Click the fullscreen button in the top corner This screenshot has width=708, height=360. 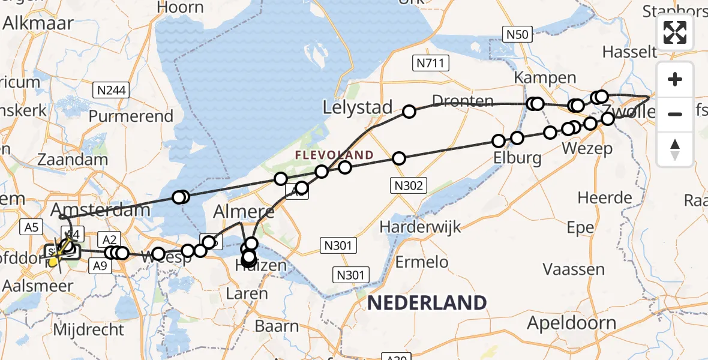[675, 32]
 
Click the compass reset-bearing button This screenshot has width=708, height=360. [675, 149]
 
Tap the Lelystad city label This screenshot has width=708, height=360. [358, 108]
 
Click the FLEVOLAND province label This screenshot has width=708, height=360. [334, 155]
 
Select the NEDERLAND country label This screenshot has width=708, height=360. [427, 303]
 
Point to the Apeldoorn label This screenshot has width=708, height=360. [571, 323]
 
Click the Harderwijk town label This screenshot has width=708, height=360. [420, 227]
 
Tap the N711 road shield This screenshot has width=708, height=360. [431, 62]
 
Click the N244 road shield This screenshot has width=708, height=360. [112, 91]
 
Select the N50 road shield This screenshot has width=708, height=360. [517, 35]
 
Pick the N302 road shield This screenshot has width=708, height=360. [408, 186]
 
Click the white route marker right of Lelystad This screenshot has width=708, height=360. [409, 112]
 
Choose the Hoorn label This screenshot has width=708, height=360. [180, 8]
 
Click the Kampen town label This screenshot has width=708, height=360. [545, 78]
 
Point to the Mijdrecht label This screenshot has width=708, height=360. [89, 329]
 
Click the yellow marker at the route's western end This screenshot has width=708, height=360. [53, 261]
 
